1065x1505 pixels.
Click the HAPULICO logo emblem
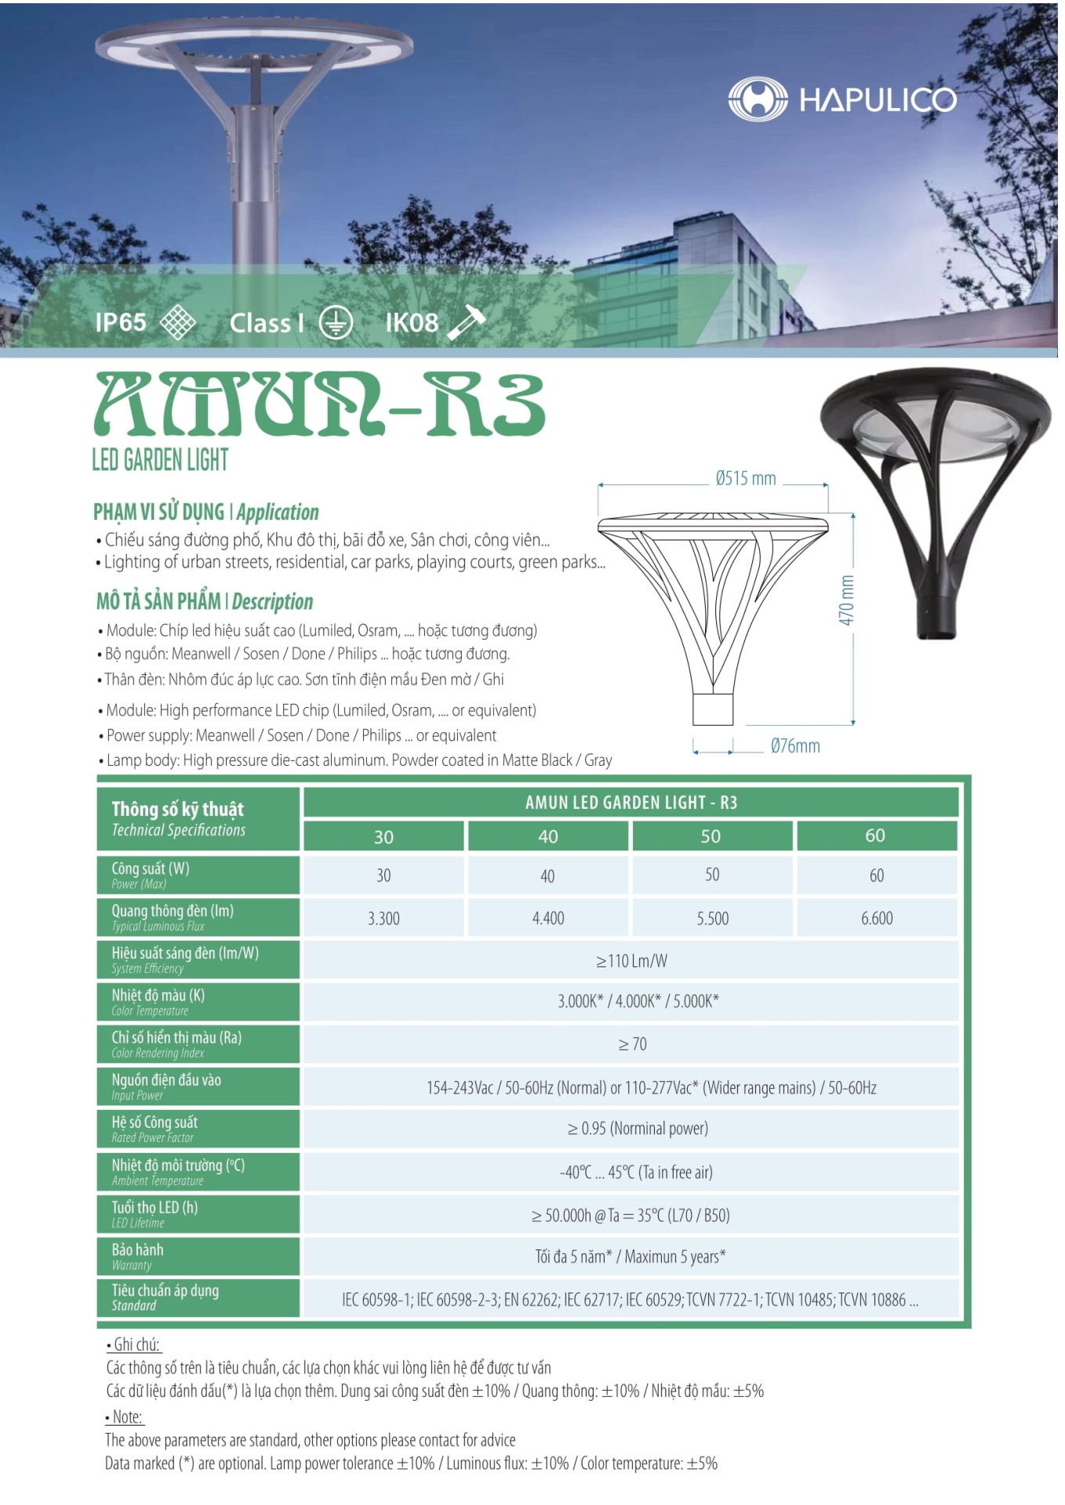757,99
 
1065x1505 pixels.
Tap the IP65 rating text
121,322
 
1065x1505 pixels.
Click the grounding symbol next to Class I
336,323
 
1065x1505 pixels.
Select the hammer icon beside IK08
467,322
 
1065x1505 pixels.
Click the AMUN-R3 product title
319,404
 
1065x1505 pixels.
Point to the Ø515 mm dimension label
745,478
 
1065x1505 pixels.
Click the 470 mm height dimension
846,600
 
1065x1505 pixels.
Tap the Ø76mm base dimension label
794,746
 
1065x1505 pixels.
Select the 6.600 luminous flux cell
876,918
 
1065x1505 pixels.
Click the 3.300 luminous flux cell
383,918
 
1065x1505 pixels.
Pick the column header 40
547,836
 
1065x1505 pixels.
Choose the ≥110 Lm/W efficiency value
631,960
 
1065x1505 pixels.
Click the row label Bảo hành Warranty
138,1256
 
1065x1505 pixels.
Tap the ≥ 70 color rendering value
632,1044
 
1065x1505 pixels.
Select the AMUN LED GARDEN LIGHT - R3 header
631,802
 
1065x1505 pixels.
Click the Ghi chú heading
135,1344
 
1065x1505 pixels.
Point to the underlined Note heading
125,1416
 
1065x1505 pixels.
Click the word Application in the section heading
278,513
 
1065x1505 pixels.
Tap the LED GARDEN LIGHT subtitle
160,459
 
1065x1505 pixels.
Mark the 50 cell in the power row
711,875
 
